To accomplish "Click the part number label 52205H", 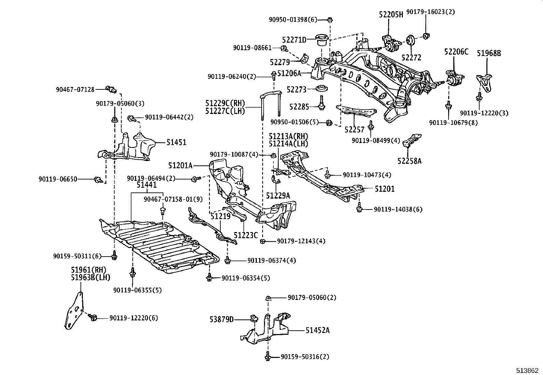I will coord(391,14).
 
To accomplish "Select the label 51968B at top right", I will coord(489,53).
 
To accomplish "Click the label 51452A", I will coord(317,330).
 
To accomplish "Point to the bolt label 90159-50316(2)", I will coord(305,357).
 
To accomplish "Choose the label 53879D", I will coord(221,319).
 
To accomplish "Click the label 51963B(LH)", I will coord(91,277).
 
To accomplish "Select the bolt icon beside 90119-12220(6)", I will coord(93,318).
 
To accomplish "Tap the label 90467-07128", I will coord(75,89).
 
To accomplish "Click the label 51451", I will coord(176,142).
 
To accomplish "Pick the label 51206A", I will coord(289,73).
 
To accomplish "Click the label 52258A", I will coord(409,161).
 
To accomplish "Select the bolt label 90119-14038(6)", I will coord(398,209).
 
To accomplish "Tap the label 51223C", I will coord(246,235).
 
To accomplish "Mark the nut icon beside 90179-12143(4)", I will coord(263,242).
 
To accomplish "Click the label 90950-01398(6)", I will coord(293,19).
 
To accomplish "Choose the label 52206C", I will coord(456,52).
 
